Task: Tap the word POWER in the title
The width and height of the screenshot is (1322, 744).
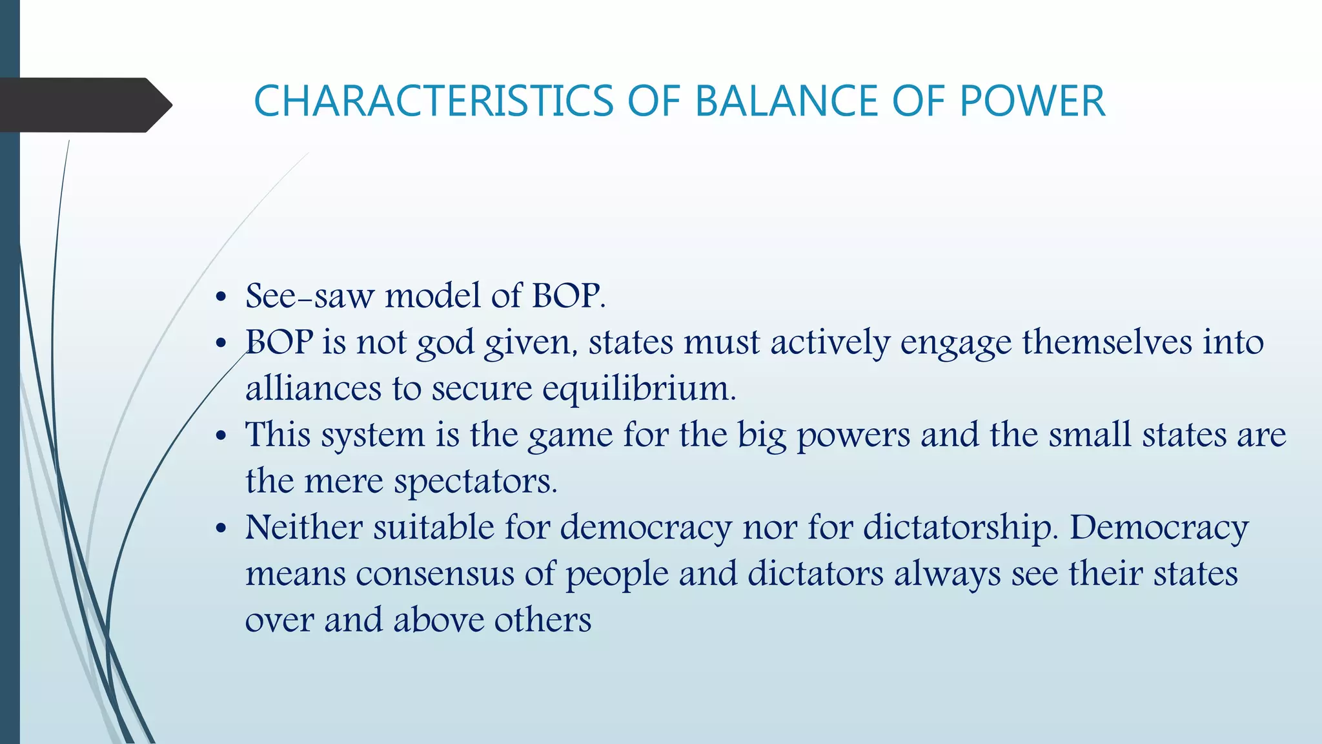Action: pos(1032,101)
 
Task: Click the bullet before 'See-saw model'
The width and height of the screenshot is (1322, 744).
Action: pos(221,298)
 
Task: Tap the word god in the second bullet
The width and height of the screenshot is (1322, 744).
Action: pos(445,343)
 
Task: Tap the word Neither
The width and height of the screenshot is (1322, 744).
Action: pos(304,527)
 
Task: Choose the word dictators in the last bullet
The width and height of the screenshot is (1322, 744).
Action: pos(815,574)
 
